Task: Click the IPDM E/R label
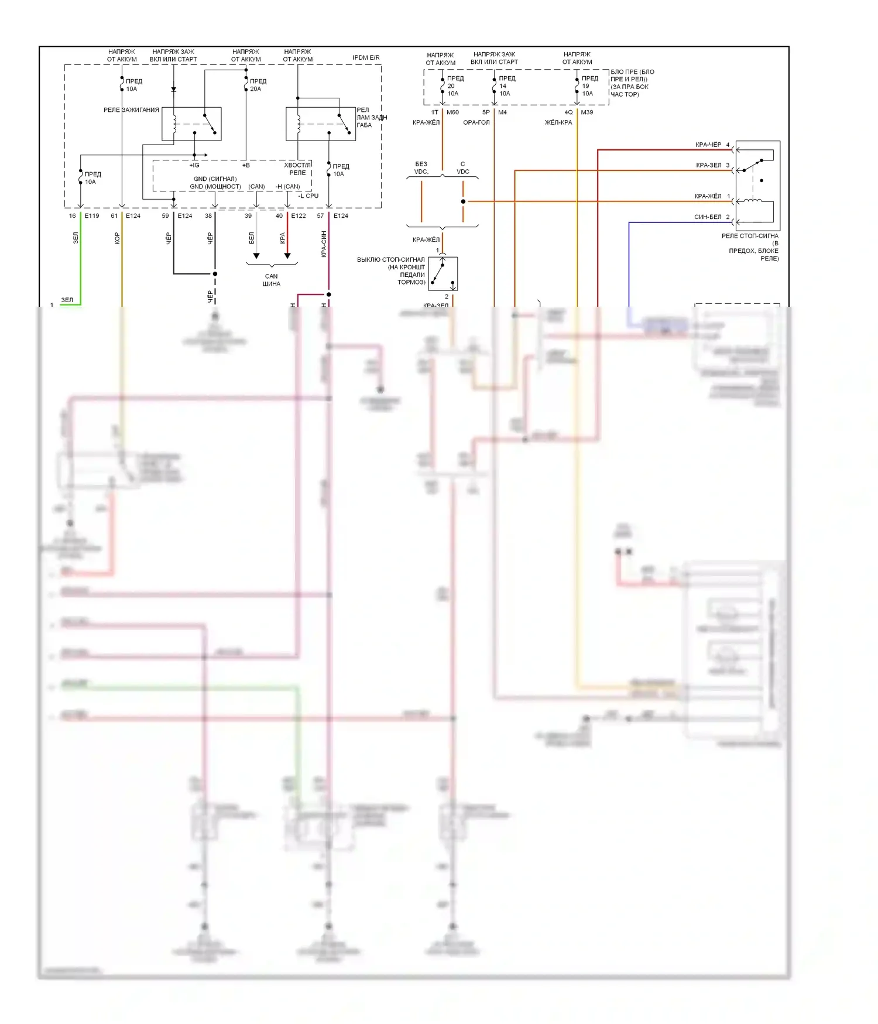coord(366,57)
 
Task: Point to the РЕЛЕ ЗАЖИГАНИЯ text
coord(131,110)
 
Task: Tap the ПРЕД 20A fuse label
coord(258,85)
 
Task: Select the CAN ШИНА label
coord(271,280)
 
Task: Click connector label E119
coord(92,216)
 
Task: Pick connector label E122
coord(299,216)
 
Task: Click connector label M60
coord(452,112)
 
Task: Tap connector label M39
coord(587,112)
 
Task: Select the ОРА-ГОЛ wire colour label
coord(476,122)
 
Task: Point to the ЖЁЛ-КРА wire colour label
coord(558,122)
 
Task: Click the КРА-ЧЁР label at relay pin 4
coord(708,145)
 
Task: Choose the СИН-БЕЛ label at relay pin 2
coord(708,217)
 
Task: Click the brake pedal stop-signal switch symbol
coord(443,274)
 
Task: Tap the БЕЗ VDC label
coord(421,168)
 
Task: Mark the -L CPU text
coord(308,196)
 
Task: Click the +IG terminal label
coord(194,165)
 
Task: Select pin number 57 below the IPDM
coord(320,216)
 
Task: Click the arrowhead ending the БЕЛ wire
coord(256,256)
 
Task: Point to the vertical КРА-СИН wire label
coord(324,244)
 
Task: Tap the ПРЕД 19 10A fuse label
coord(589,85)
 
